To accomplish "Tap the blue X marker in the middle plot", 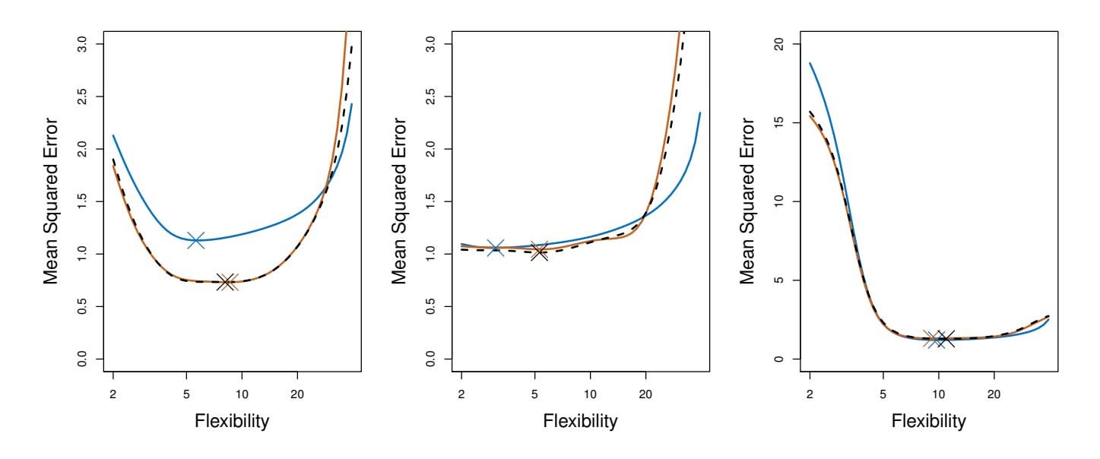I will [495, 248].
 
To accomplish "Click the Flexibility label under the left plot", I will [232, 421].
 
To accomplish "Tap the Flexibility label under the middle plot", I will [580, 421].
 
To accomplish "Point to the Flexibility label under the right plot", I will [929, 421].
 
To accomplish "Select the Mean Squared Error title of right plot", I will [748, 202].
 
